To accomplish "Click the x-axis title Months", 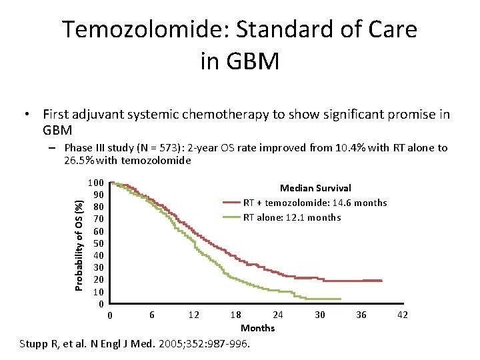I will coord(257,328).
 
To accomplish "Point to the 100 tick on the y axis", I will coord(95,183).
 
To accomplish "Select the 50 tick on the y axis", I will coord(97,243).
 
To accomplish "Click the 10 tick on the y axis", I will coord(97,292).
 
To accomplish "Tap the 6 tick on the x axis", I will coord(152,315).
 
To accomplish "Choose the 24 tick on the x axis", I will coord(277,315).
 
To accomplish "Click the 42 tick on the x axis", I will coord(403,315).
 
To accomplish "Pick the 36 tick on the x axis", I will coord(361,315).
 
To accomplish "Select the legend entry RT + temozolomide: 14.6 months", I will coord(315,203).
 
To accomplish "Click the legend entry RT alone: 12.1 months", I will coord(291,217).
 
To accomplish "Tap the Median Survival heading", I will coord(315,189).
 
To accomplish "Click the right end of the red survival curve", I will coord(381,281).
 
